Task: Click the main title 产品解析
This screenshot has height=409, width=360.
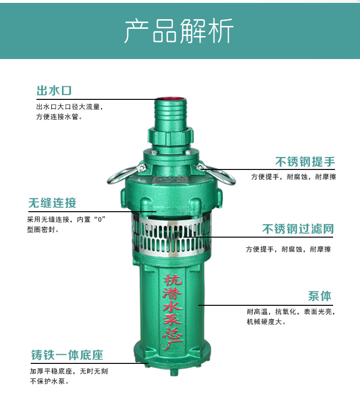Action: [179, 31]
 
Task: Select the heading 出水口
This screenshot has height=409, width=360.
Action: [54, 91]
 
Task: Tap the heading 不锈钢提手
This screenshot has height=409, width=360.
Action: [305, 162]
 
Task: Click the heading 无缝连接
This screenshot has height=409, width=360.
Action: [52, 203]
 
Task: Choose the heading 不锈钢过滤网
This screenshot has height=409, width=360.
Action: [298, 229]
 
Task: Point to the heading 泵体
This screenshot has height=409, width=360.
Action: [320, 296]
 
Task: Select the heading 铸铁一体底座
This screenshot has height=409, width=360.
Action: [67, 355]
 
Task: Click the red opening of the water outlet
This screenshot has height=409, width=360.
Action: [170, 98]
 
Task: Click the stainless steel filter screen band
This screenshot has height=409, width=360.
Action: [171, 236]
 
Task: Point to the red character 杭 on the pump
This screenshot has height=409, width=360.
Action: [173, 280]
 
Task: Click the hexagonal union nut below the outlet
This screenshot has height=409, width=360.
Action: [171, 136]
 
